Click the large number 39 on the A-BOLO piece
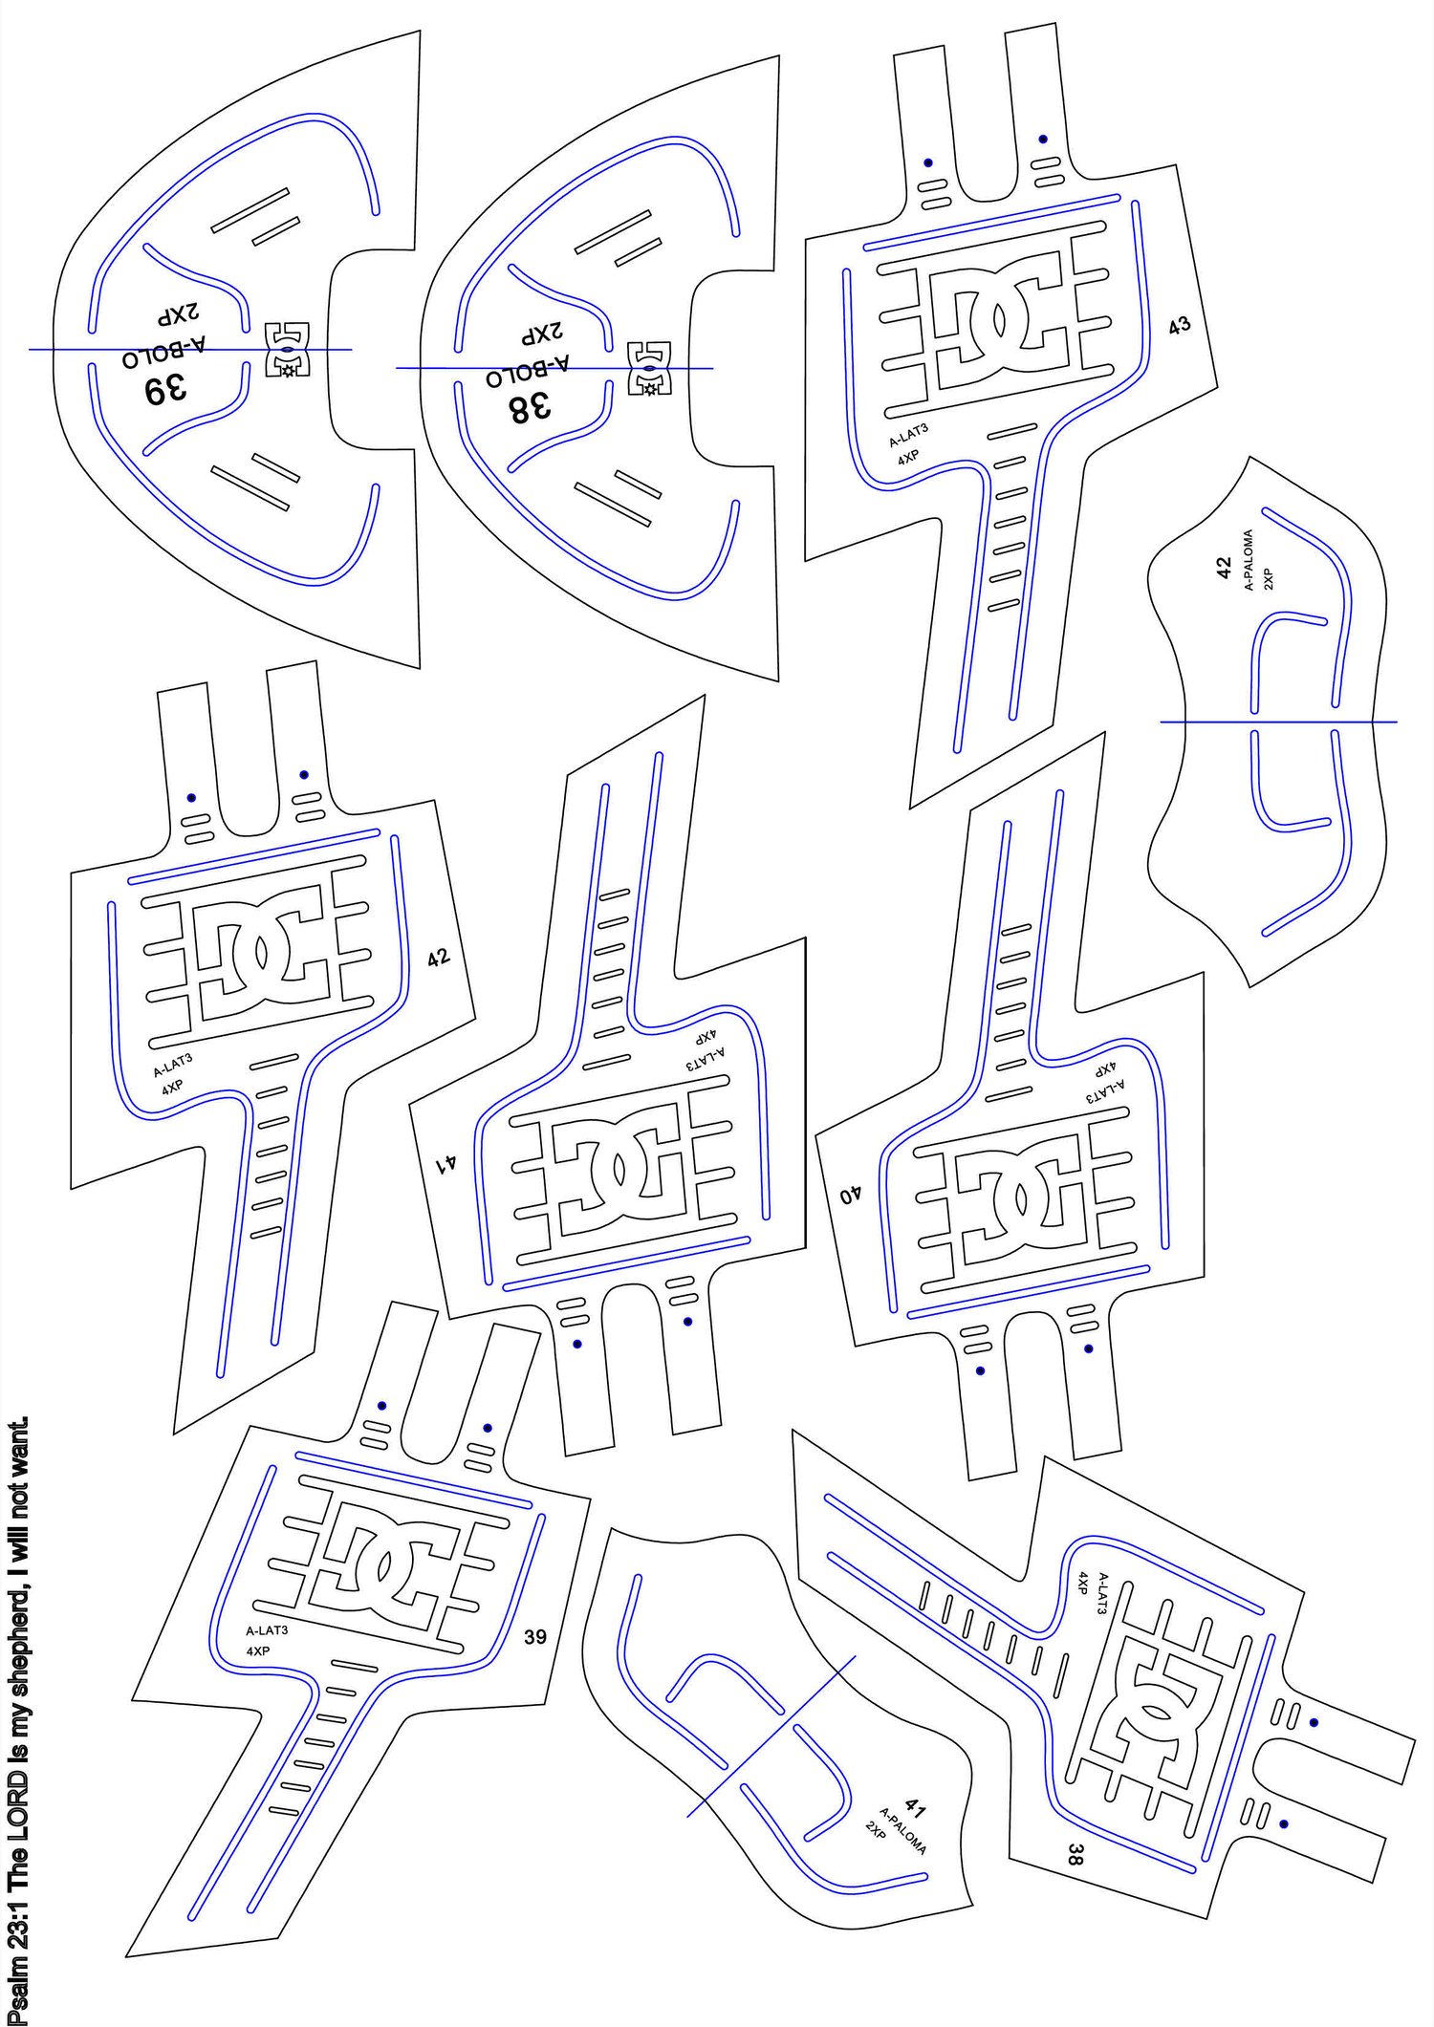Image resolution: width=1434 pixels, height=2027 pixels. [x=165, y=390]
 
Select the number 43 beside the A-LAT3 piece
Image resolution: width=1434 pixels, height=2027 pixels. [x=1180, y=325]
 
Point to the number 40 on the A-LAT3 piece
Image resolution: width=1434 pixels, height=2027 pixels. [x=851, y=1195]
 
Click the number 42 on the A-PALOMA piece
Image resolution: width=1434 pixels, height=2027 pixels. [x=1225, y=569]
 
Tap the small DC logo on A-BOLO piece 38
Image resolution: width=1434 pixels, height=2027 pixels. [x=650, y=368]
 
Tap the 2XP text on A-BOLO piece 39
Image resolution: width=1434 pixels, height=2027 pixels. [x=180, y=314]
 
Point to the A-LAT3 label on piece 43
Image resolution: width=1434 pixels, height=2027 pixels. [x=909, y=435]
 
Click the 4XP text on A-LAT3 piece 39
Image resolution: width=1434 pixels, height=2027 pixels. [x=258, y=1650]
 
